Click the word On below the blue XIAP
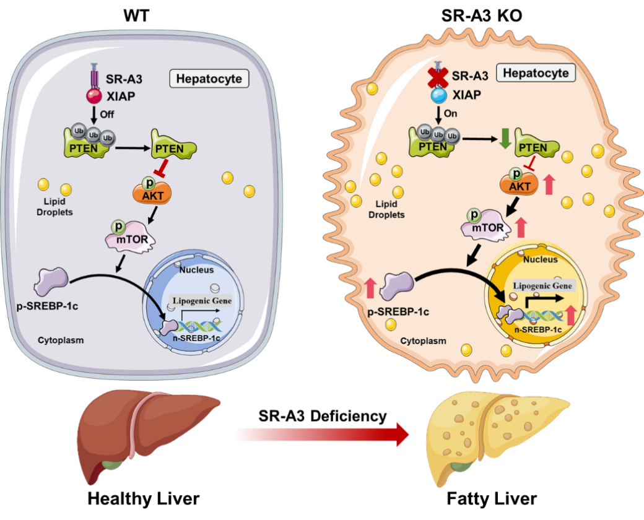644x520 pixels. click(x=451, y=114)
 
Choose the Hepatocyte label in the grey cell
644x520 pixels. click(x=209, y=79)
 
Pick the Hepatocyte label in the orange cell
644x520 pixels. click(x=536, y=73)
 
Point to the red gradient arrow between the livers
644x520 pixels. click(x=322, y=435)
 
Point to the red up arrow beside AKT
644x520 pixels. click(x=548, y=184)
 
